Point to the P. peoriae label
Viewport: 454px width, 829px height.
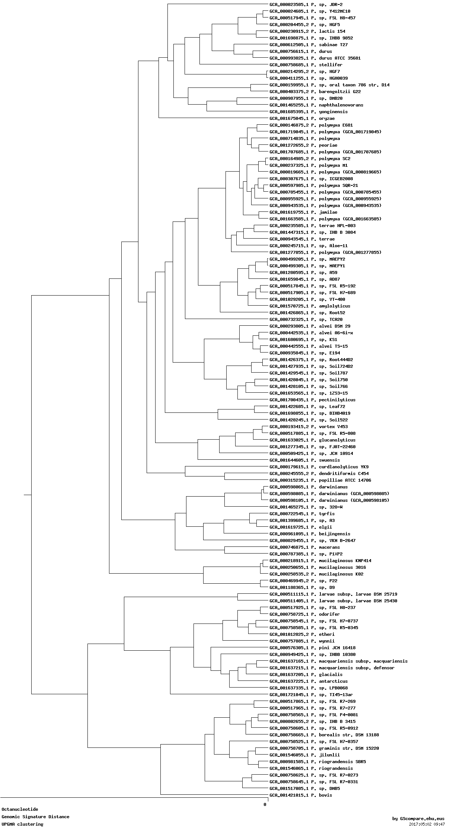[x=303, y=145]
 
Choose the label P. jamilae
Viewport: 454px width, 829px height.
[x=303, y=212]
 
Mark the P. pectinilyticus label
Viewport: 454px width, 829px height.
[x=312, y=400]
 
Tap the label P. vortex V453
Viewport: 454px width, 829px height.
[x=308, y=427]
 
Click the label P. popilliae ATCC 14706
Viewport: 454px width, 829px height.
[x=320, y=480]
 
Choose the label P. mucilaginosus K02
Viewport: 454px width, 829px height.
[x=316, y=574]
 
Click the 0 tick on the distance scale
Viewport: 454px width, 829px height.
[x=265, y=804]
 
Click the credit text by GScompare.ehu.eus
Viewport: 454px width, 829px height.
[x=418, y=819]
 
